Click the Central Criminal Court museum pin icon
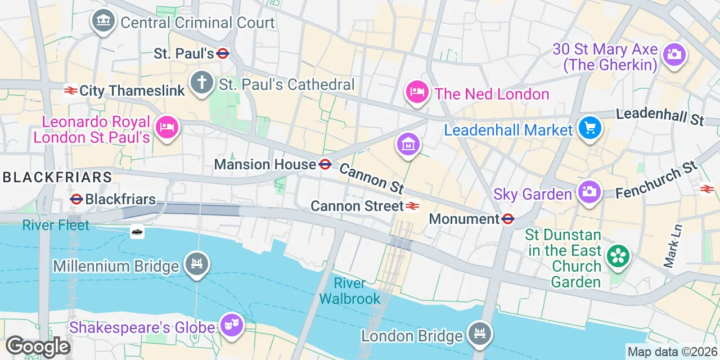point(102,22)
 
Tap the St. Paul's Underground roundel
point(223,53)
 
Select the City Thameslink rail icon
point(70,91)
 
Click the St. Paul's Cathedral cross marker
point(201,83)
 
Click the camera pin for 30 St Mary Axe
point(673,55)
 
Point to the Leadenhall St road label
point(660,116)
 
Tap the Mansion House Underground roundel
point(325,164)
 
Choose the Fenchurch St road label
point(656,181)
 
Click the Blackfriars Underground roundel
point(76,199)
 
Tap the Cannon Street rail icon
point(412,206)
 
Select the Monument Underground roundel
point(508,219)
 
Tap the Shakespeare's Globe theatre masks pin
point(231,325)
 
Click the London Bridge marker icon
point(480,334)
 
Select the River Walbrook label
point(349,291)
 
